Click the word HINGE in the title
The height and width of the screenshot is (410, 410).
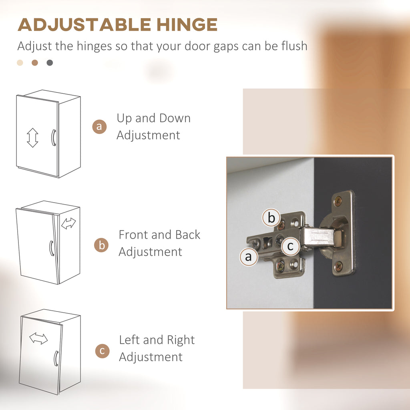pos(187,25)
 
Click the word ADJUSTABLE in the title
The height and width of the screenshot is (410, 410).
pos(84,25)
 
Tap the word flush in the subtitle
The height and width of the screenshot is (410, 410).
pos(294,46)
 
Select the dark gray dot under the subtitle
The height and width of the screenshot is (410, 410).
pos(50,63)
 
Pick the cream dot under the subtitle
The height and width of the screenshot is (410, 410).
pos(20,63)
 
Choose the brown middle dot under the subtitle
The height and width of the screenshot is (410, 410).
pos(35,63)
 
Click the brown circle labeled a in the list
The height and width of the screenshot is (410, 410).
pos(99,127)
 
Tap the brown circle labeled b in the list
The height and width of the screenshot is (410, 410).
pos(101,245)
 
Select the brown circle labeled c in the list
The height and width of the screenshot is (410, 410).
pos(102,351)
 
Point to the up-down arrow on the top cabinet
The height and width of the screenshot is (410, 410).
pos(32,138)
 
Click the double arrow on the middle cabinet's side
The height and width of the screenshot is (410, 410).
pos(68,223)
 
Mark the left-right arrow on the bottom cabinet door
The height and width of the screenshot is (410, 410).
pos(38,338)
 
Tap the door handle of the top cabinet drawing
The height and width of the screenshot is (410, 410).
pos(53,138)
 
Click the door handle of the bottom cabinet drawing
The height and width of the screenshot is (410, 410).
pos(56,358)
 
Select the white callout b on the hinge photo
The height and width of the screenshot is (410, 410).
pos(271,217)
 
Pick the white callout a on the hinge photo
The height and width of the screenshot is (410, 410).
pos(249,257)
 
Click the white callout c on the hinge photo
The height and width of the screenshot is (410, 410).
pos(290,246)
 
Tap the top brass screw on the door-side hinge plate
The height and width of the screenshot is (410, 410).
pos(338,201)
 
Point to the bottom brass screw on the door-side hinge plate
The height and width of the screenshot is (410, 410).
pos(338,266)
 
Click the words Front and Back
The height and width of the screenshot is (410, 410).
pos(159,235)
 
